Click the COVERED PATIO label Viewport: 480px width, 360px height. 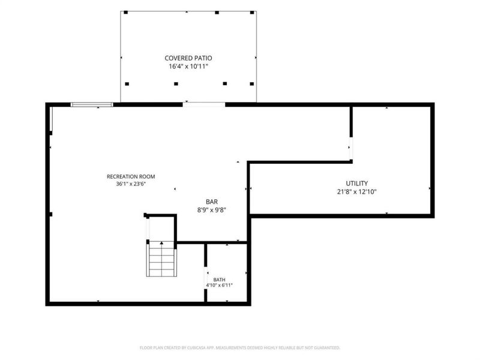[x=188, y=58]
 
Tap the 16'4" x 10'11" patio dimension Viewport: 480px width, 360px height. [x=188, y=67]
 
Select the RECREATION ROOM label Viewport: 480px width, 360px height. [x=131, y=176]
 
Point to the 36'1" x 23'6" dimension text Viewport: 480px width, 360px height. [x=131, y=184]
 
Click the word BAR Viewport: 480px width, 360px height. [x=212, y=202]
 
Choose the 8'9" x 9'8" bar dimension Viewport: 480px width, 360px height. [x=212, y=210]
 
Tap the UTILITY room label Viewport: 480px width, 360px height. [x=356, y=184]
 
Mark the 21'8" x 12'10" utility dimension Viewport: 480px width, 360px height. [x=356, y=192]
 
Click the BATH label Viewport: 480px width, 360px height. [x=219, y=280]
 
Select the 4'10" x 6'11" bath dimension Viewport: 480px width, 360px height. [x=219, y=286]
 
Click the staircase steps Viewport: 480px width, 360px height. [x=161, y=259]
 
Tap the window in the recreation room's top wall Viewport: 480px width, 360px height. [x=92, y=104]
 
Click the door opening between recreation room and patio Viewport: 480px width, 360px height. [x=204, y=104]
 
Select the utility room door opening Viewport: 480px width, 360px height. [x=351, y=148]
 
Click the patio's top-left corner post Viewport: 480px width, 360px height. [x=125, y=13]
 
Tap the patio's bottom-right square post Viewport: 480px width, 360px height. [x=251, y=84]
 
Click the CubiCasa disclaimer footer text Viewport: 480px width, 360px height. [x=240, y=348]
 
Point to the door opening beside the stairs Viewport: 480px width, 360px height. [x=148, y=229]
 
